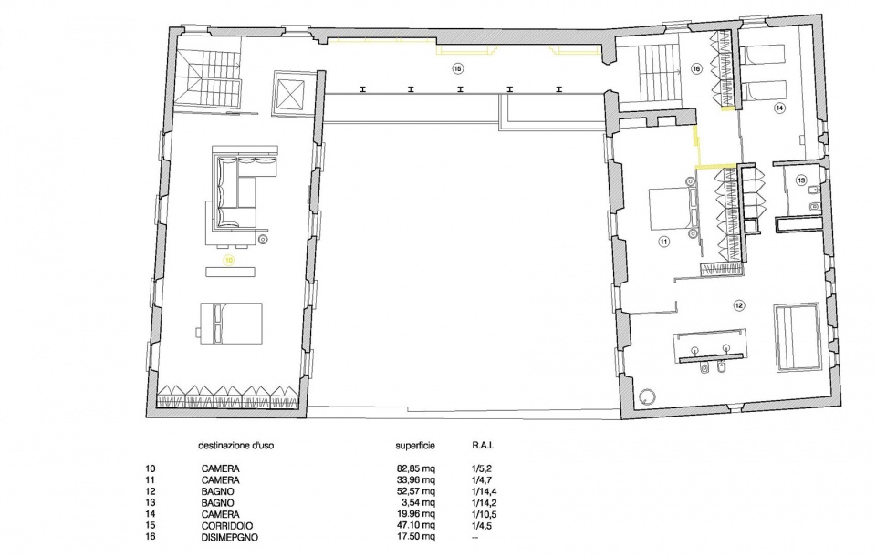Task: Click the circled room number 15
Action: coord(457,68)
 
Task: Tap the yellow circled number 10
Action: coord(228,260)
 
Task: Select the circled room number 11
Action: coord(663,242)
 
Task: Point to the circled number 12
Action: coord(739,305)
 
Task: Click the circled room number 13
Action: coord(802,180)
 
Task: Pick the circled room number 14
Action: coord(779,108)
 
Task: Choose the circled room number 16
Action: coord(696,68)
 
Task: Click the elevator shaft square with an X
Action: coord(290,93)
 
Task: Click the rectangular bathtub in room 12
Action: coord(798,338)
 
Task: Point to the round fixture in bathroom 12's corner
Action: coord(647,396)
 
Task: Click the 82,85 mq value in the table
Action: coord(416,468)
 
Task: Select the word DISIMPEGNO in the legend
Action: coord(230,537)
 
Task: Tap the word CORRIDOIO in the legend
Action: coord(227,526)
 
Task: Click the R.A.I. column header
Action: coord(484,446)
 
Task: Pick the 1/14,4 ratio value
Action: coord(484,491)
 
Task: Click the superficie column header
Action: coord(415,446)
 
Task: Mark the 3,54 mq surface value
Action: coord(419,503)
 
